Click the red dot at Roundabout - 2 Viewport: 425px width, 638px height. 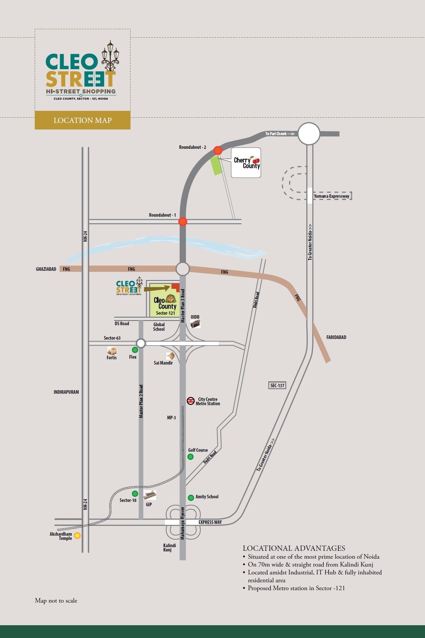pyautogui.click(x=218, y=150)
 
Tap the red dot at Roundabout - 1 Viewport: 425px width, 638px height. pyautogui.click(x=183, y=222)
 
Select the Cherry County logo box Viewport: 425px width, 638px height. pyautogui.click(x=246, y=163)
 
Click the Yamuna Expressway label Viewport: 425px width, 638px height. pyautogui.click(x=332, y=196)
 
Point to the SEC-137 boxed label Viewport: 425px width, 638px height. pyautogui.click(x=277, y=385)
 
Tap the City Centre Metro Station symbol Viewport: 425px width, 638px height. pyautogui.click(x=191, y=401)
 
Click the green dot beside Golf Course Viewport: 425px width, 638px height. pyautogui.click(x=191, y=457)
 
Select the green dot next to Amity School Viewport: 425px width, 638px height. pyautogui.click(x=191, y=498)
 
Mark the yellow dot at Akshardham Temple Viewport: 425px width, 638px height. pyautogui.click(x=77, y=536)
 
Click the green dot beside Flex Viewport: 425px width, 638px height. pyautogui.click(x=135, y=350)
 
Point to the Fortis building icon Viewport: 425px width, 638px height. pyautogui.click(x=112, y=351)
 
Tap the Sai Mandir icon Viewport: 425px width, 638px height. pyautogui.click(x=170, y=356)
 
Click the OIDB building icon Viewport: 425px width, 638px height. pyautogui.click(x=196, y=324)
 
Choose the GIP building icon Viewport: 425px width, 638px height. pyautogui.click(x=150, y=495)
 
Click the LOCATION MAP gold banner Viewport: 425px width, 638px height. pyautogui.click(x=83, y=120)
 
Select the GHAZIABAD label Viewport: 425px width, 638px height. pyautogui.click(x=46, y=269)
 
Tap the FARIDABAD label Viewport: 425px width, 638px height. pyautogui.click(x=336, y=337)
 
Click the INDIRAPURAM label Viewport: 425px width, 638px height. pyautogui.click(x=66, y=392)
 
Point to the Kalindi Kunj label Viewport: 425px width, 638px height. pyautogui.click(x=170, y=548)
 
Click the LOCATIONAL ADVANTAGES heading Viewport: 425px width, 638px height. pyautogui.click(x=294, y=548)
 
